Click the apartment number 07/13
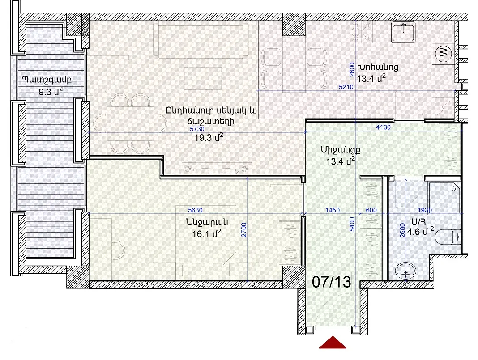coord(331,282)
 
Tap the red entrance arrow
coord(333,343)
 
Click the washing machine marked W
coord(443,53)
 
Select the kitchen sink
coord(403,33)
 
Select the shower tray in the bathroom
coord(444,198)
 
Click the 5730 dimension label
coord(197,129)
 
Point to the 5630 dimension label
coord(195,210)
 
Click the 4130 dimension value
coord(383,127)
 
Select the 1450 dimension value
coord(332,210)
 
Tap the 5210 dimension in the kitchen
coord(346,87)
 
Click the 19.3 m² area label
coord(209,137)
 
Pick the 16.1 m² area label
coord(207,233)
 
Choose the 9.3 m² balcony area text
coord(51,91)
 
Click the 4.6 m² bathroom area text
coord(420,232)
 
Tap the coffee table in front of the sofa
coord(203,78)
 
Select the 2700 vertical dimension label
coord(244,230)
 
